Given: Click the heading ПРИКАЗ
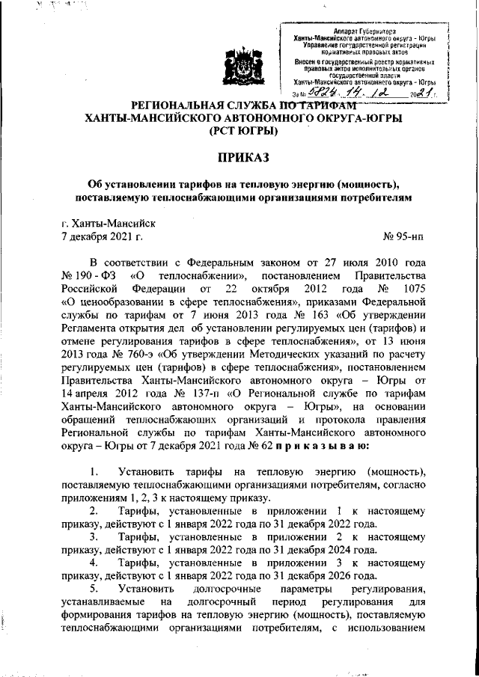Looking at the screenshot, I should tap(239, 158).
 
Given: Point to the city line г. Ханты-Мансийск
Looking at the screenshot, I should tap(109, 222).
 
